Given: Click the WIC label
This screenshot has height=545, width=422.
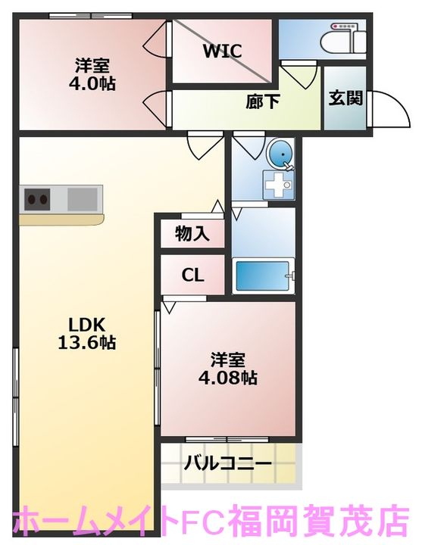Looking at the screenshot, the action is click(x=222, y=51).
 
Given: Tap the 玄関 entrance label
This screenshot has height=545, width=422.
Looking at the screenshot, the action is click(x=345, y=98).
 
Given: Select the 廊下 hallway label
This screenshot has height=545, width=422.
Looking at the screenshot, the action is click(x=263, y=102).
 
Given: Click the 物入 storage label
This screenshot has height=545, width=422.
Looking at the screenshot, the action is click(x=192, y=233).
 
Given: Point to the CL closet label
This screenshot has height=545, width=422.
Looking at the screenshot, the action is click(x=192, y=276).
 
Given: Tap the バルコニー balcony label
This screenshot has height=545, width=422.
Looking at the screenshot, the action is click(x=228, y=463).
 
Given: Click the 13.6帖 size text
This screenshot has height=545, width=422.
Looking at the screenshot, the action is click(x=86, y=342).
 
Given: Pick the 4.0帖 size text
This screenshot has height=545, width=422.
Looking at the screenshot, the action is click(x=92, y=83).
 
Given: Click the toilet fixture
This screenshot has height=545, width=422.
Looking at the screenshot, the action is click(x=342, y=39).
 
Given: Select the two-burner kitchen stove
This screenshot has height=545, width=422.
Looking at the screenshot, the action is click(x=37, y=200).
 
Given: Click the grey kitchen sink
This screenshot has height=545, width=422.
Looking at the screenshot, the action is click(x=82, y=199).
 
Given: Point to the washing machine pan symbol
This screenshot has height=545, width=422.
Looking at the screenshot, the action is click(x=278, y=185).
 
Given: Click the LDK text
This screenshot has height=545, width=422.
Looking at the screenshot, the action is click(x=86, y=325).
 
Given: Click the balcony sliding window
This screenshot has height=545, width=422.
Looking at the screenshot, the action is click(x=227, y=440).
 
